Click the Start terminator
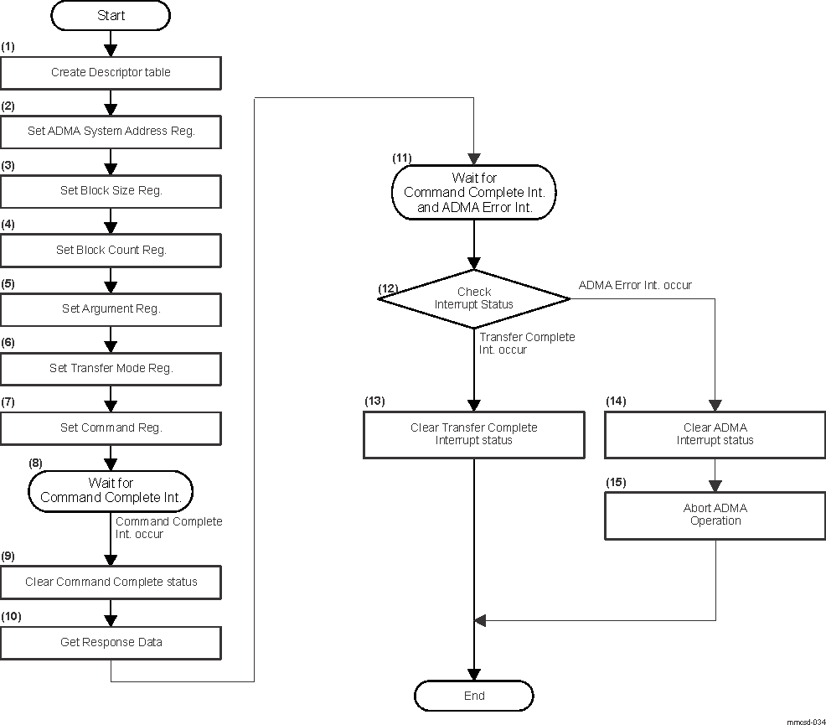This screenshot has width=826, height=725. point(111,15)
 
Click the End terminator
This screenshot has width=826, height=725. point(473,696)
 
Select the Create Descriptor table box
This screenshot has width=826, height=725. point(111,73)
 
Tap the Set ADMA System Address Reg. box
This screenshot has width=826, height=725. point(111,132)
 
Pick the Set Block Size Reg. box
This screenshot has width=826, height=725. point(111,191)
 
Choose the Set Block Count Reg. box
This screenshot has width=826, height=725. point(111,250)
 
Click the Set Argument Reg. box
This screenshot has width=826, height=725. point(111,309)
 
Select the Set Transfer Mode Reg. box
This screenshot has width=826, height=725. point(111,368)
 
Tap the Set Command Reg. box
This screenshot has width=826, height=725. point(111,427)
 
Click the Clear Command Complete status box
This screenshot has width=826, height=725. point(111,582)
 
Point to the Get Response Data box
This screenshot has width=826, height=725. point(111,642)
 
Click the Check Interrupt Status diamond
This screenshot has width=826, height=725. point(473,298)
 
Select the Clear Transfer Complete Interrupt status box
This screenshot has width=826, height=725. point(473,434)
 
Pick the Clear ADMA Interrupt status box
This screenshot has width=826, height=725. point(715,434)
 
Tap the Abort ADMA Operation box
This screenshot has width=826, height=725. point(715,515)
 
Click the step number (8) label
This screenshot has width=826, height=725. point(36,463)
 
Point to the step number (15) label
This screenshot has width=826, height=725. point(616,483)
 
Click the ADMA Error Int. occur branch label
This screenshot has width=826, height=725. point(635,285)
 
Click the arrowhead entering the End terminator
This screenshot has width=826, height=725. point(474,674)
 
